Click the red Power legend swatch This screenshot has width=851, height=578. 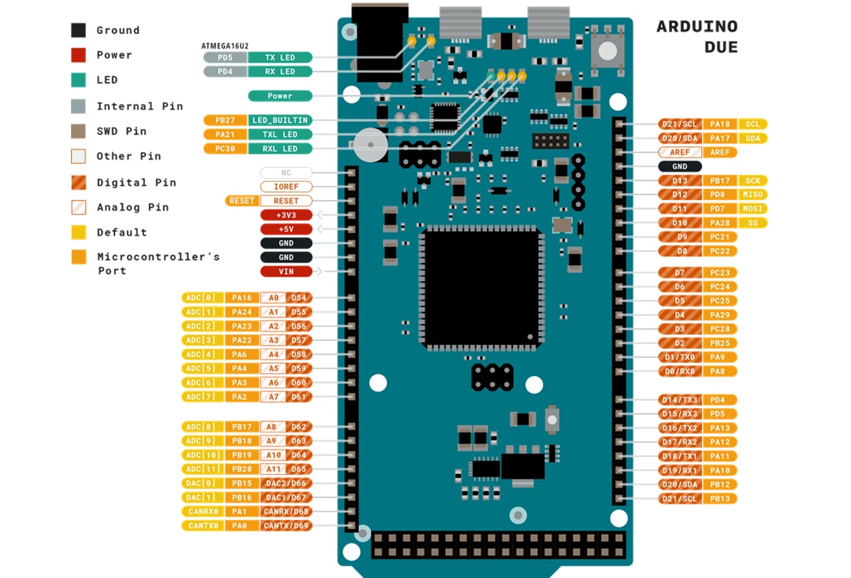[79, 55]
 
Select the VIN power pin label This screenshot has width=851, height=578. [286, 272]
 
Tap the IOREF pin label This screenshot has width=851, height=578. [286, 187]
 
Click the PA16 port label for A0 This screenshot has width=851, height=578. [242, 298]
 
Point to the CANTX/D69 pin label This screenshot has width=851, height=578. [286, 525]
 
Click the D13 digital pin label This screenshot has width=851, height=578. [680, 180]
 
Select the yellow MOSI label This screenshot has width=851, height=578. [753, 209]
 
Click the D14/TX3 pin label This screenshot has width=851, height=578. [680, 399]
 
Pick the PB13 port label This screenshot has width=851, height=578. [719, 498]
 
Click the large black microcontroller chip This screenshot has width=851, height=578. [482, 289]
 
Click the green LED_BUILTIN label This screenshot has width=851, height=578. [280, 120]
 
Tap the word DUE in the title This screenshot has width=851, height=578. [720, 48]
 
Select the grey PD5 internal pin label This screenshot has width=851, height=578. [225, 57]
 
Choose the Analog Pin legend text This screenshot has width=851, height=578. [132, 207]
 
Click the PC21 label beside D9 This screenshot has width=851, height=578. [719, 237]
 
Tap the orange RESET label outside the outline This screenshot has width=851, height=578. [242, 201]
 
